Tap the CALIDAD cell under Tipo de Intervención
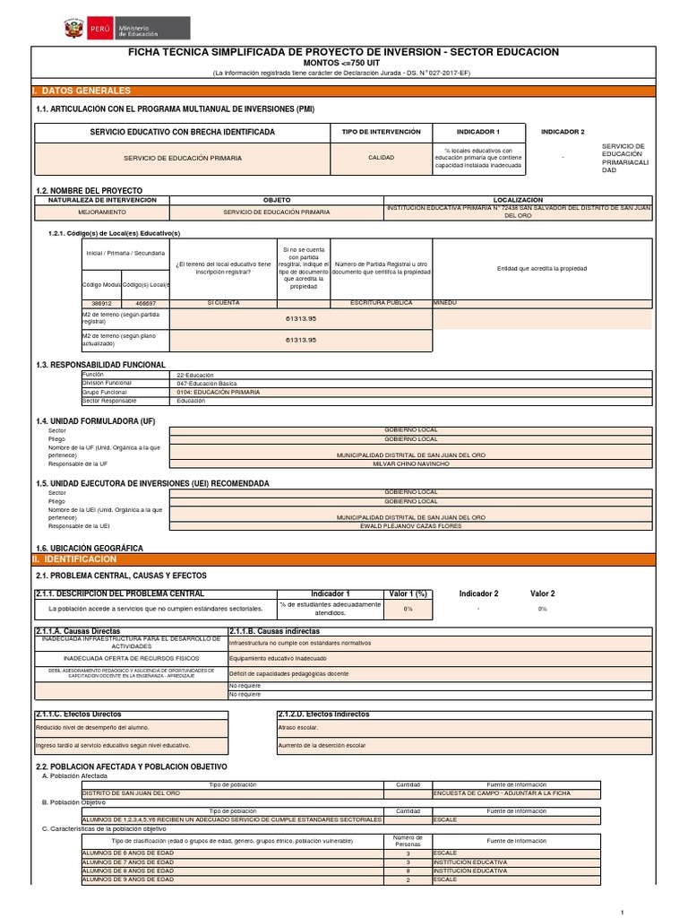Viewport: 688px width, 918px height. pyautogui.click(x=382, y=157)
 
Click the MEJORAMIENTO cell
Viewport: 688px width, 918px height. pyautogui.click(x=101, y=212)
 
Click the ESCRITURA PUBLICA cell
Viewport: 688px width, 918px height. pyautogui.click(x=381, y=303)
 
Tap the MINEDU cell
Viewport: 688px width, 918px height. pyautogui.click(x=444, y=303)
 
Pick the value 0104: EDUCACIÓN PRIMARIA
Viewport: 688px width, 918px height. pyautogui.click(x=219, y=393)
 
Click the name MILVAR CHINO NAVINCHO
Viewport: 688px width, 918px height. pyautogui.click(x=411, y=463)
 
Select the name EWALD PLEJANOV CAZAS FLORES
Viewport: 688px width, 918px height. pyautogui.click(x=411, y=526)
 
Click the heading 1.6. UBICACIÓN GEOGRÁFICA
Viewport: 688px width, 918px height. pyautogui.click(x=89, y=548)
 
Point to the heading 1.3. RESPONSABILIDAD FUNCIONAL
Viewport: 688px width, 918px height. pyautogui.click(x=100, y=365)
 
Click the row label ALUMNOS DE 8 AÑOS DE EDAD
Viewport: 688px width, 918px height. pyautogui.click(x=128, y=870)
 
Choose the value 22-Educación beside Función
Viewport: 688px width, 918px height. pyautogui.click(x=196, y=374)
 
